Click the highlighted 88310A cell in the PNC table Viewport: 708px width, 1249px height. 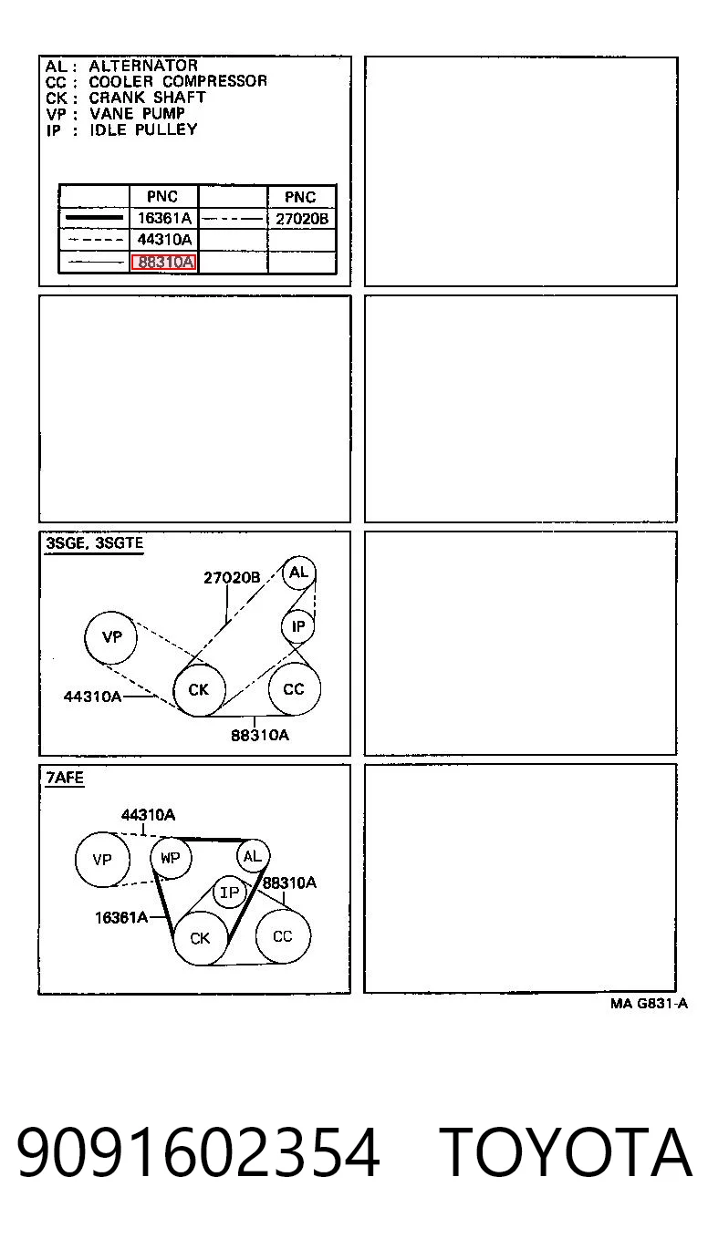click(163, 262)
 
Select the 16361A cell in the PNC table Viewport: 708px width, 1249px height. click(164, 218)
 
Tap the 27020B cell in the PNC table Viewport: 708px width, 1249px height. click(302, 219)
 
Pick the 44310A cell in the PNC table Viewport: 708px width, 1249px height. click(164, 240)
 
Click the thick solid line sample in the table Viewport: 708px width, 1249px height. click(94, 218)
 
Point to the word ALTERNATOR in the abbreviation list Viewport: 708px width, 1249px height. click(143, 66)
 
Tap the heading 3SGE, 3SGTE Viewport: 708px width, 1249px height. click(94, 543)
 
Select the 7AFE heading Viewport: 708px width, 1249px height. click(65, 778)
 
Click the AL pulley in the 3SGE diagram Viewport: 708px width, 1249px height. click(298, 573)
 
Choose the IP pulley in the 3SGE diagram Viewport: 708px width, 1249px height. click(298, 626)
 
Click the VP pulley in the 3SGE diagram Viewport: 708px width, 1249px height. click(111, 637)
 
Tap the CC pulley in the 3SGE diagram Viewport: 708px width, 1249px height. click(294, 689)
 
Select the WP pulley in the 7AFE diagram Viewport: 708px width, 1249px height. click(171, 858)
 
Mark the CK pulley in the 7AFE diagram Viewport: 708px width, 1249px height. click(200, 938)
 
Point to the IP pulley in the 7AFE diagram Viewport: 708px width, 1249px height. click(229, 893)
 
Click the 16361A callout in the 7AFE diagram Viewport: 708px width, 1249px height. click(121, 917)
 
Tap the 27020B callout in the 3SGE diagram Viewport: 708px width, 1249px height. click(232, 578)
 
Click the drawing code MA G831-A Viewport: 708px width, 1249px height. click(649, 1004)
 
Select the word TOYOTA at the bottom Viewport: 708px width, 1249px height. click(565, 1152)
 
